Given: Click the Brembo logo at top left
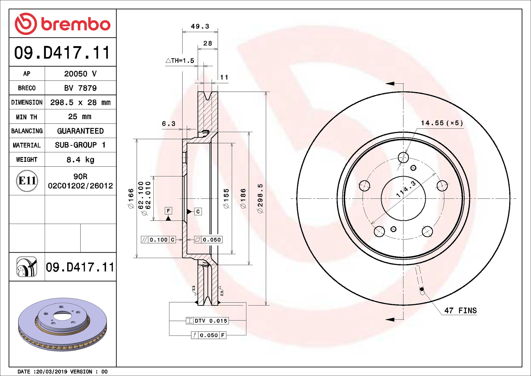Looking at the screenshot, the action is (62, 24).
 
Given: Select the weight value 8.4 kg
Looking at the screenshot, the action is (80, 160).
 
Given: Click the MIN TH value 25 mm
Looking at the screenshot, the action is (79, 116).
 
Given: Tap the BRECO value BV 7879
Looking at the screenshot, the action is (80, 88).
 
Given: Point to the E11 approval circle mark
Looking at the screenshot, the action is (27, 181).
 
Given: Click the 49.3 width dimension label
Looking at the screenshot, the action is (200, 26).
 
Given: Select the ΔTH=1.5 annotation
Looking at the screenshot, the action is (180, 61).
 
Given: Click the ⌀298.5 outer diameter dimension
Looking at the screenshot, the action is (260, 199).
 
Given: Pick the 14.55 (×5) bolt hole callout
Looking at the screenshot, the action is (442, 123).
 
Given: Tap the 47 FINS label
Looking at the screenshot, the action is (460, 311).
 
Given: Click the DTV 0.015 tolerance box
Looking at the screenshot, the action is (207, 321).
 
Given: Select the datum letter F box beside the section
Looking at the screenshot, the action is (168, 210).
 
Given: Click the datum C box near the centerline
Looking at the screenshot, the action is (198, 211).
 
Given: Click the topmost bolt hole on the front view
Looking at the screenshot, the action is (403, 158).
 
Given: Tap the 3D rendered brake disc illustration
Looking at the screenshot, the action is (62, 324).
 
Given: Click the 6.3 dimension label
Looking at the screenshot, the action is (169, 124).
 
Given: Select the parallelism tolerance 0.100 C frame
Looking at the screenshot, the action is (158, 240).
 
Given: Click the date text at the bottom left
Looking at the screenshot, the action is (62, 371).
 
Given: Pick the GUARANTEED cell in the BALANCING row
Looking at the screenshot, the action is (80, 131).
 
